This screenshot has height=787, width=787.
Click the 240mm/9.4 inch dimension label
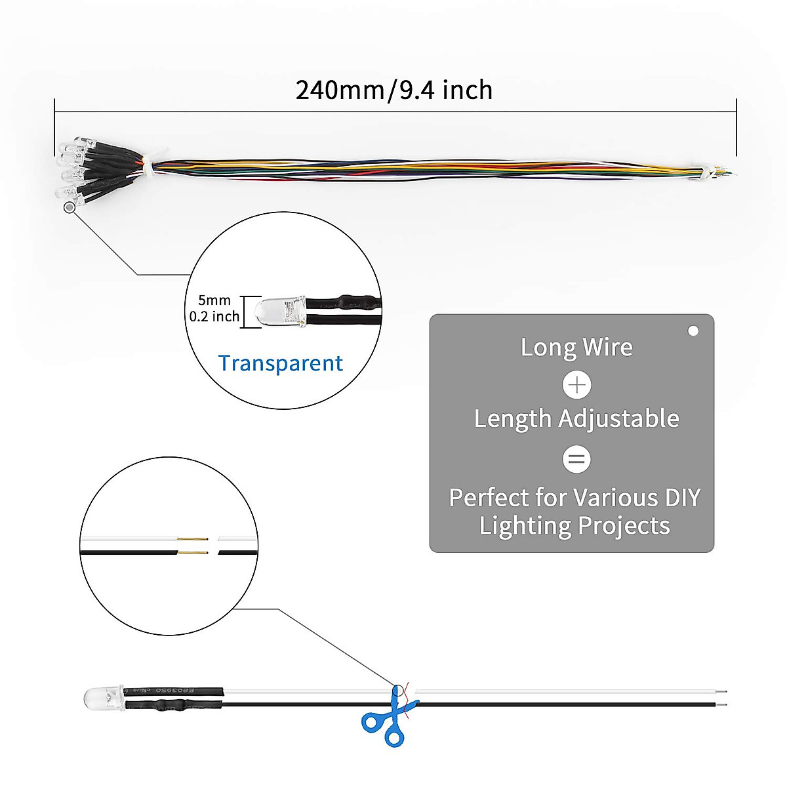pyautogui.click(x=393, y=90)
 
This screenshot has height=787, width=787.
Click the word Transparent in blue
pyautogui.click(x=280, y=363)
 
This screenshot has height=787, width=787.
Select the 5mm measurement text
pyautogui.click(x=214, y=300)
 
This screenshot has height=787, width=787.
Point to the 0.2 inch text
pyautogui.click(x=214, y=316)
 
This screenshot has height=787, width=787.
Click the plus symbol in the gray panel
pyautogui.click(x=576, y=384)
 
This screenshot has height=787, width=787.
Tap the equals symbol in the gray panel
pyautogui.click(x=576, y=458)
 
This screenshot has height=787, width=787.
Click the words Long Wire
pyautogui.click(x=576, y=347)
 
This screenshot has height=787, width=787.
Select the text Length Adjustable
pyautogui.click(x=576, y=418)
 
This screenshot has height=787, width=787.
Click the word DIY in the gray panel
pyautogui.click(x=682, y=498)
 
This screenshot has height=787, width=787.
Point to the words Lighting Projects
pyautogui.click(x=575, y=526)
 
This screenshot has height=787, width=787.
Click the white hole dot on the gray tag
pyautogui.click(x=693, y=331)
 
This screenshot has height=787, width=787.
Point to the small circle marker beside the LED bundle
pyautogui.click(x=69, y=207)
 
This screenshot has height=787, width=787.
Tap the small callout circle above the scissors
pyautogui.click(x=397, y=691)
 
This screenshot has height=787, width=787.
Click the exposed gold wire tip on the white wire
pyautogui.click(x=193, y=540)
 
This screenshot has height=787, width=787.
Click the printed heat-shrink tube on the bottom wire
pyautogui.click(x=174, y=691)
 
